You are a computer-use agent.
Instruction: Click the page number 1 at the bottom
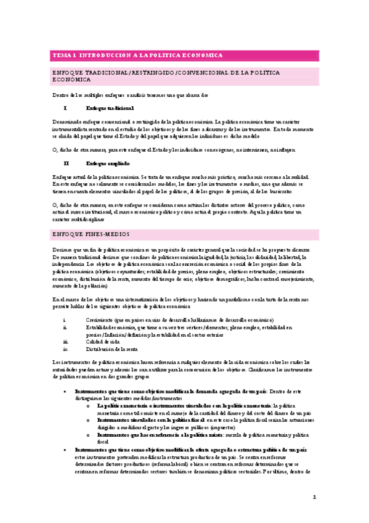click(314, 496)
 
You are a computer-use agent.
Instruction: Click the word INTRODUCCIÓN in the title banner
click(105, 56)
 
